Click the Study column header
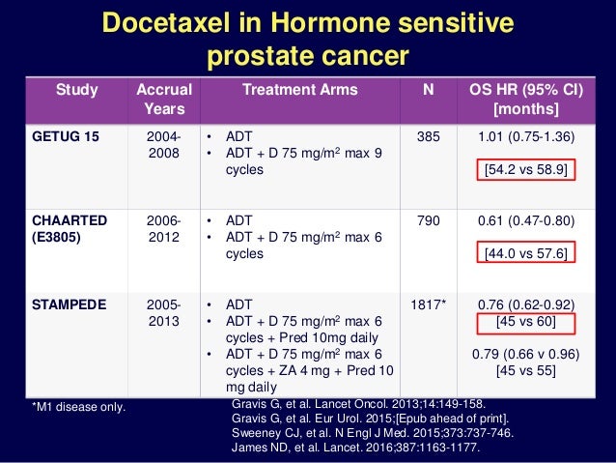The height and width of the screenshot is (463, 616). pos(77,90)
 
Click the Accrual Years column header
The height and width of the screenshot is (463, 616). pos(164,100)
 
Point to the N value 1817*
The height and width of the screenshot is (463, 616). pos(430,304)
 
